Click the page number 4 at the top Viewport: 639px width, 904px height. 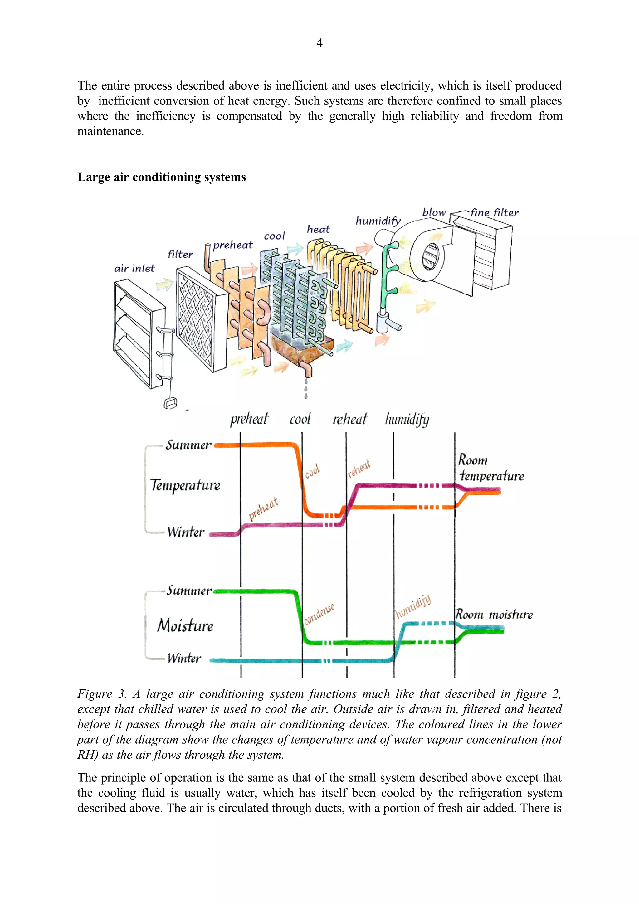pos(319,42)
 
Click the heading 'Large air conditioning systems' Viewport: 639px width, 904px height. pos(161,177)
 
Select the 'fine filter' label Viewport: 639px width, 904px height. pos(495,213)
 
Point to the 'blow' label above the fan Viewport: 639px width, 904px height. pos(434,212)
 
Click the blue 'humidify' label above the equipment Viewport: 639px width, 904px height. pos(378,221)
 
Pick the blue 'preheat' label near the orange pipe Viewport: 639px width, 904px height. pos(233,245)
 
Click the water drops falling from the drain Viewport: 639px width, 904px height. pos(306,389)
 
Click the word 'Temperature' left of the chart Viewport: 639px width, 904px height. pos(185,485)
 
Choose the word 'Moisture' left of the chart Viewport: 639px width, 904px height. pos(185,625)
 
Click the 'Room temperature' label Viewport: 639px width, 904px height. pos(490,468)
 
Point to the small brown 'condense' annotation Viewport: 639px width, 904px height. pos(319,613)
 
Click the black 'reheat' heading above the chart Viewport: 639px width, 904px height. pos(350,419)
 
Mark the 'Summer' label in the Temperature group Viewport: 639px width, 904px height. pos(188,445)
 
